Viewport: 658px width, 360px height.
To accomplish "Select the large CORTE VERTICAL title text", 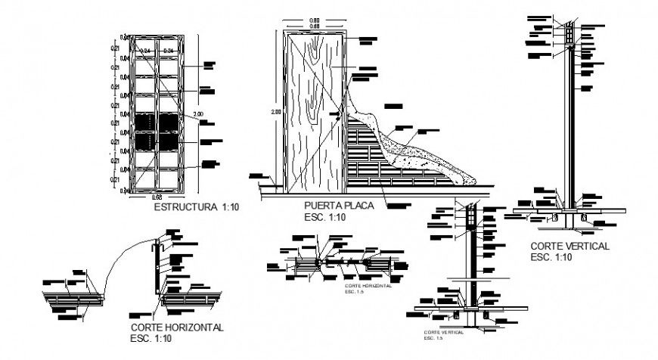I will (569, 247).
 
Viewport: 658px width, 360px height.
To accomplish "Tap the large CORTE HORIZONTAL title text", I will (176, 327).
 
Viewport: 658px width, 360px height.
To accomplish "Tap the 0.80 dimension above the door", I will (313, 21).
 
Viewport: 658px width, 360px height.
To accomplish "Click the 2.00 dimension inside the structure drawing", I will (198, 114).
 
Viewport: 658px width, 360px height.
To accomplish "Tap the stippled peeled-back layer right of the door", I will (424, 155).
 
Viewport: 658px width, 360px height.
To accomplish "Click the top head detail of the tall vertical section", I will (569, 34).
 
